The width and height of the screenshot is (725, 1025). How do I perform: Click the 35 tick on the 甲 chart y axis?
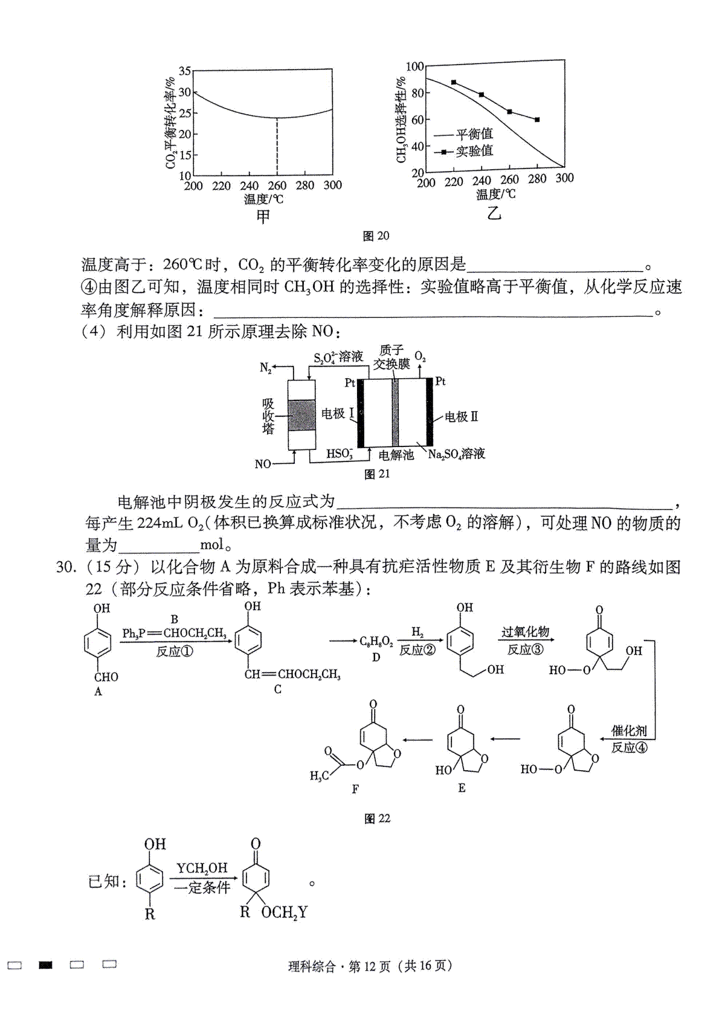pos(184,71)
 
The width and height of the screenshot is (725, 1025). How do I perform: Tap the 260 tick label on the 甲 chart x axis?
pos(277,185)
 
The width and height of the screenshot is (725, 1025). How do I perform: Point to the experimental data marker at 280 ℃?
pos(537,120)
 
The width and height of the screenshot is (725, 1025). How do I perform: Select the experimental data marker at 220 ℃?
pos(454,82)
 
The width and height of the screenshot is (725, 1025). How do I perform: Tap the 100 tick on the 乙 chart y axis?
pos(414,67)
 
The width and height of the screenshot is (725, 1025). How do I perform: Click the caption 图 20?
pos(376,236)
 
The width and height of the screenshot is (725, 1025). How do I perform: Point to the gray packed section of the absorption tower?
pos(301,415)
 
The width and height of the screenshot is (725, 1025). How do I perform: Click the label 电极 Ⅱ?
pos(462,417)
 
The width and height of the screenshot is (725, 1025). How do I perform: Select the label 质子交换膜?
pos(391,358)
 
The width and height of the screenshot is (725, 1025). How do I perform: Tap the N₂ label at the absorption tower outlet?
pos(266,367)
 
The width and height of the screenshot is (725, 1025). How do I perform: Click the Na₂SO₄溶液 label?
pos(456,454)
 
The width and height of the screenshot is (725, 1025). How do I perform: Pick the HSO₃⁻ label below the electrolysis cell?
pos(340,454)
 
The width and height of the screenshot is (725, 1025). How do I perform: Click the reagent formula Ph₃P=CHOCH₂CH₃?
pos(175,634)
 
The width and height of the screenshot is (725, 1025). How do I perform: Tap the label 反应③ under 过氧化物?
pos(525,650)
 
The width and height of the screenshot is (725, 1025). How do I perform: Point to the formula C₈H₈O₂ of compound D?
pos(376,641)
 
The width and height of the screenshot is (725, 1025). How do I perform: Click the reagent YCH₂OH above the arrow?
pos(202,867)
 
